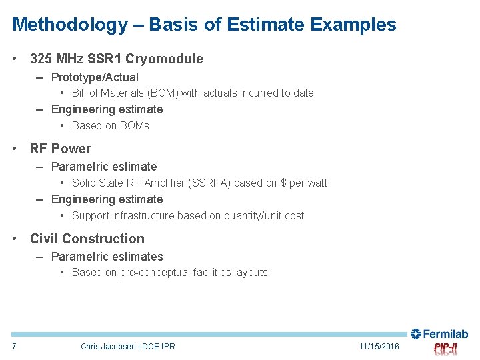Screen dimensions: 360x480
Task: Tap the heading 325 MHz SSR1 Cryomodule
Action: (116, 59)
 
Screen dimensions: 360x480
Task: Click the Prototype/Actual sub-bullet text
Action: (95, 77)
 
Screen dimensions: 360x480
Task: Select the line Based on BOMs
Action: (110, 125)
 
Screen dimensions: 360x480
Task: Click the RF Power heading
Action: (60, 149)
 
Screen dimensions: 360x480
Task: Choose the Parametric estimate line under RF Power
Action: (104, 167)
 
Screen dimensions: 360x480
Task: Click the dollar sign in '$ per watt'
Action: (283, 183)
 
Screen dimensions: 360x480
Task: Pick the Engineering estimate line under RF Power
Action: (107, 199)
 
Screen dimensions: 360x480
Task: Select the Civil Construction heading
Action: (87, 239)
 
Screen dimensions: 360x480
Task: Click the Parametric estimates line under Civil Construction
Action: (107, 257)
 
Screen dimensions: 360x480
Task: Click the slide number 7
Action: (14, 346)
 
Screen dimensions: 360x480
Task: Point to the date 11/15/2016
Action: (379, 346)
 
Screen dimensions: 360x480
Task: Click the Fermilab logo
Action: (439, 334)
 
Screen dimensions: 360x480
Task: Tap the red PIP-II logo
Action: (445, 349)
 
